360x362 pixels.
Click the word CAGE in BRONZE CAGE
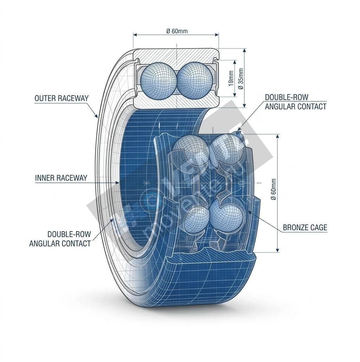(x=319, y=228)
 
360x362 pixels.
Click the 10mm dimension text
(x=231, y=78)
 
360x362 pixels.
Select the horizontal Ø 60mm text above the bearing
(x=177, y=31)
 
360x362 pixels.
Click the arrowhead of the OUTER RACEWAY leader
(x=97, y=117)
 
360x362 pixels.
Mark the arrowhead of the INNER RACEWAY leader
(x=119, y=183)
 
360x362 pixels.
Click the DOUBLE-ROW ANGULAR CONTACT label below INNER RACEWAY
(x=60, y=239)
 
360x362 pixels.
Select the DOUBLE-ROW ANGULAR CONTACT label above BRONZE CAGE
(x=296, y=102)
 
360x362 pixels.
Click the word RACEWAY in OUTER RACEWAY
(x=73, y=98)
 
